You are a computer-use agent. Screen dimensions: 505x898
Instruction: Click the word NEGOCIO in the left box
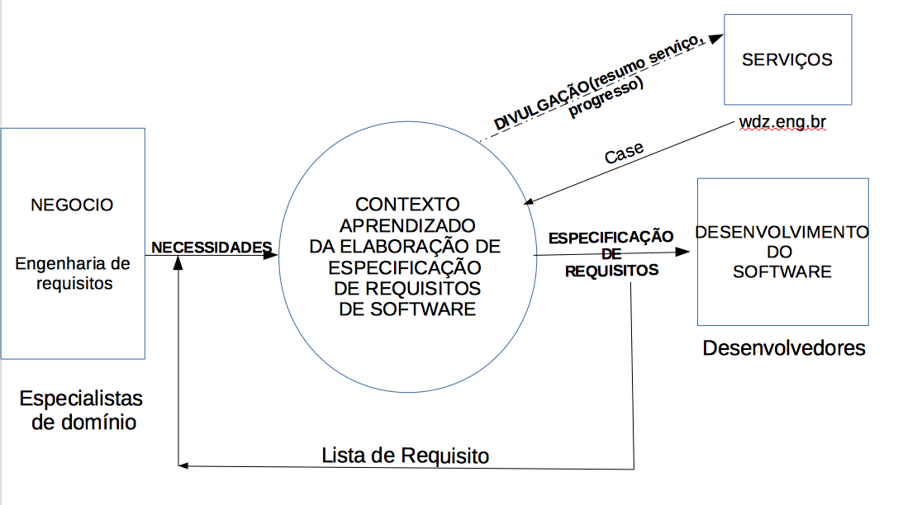click(x=72, y=205)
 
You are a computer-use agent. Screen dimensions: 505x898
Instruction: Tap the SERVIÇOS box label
click(x=786, y=59)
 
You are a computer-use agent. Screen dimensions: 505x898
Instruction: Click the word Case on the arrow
click(x=624, y=153)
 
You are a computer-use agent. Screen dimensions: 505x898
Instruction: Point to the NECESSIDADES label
click(x=211, y=247)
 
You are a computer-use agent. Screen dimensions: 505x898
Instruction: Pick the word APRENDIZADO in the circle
click(x=407, y=224)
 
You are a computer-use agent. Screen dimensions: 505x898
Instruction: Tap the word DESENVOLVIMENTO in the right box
click(x=782, y=232)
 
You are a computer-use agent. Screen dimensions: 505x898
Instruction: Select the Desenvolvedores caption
click(x=784, y=347)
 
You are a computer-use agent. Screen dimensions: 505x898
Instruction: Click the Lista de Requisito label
click(x=405, y=455)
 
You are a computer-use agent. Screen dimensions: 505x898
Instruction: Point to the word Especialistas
click(x=81, y=399)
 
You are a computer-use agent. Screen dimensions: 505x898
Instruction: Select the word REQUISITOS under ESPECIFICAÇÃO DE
click(x=611, y=270)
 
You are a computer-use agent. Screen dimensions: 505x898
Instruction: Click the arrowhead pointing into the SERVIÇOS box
click(x=717, y=38)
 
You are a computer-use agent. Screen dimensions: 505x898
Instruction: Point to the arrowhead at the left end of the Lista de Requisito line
click(x=183, y=466)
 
